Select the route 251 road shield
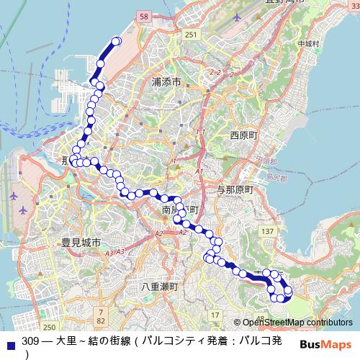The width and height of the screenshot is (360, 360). coord(189,35)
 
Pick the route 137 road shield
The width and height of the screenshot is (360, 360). coord(267,230)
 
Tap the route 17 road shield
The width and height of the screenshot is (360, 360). coord(215,315)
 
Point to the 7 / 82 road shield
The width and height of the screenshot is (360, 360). coord(101,315)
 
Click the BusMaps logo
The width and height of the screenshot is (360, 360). coord(324,343)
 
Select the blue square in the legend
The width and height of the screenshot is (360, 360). coord(9,341)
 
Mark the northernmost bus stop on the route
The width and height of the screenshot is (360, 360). coord(114,42)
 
